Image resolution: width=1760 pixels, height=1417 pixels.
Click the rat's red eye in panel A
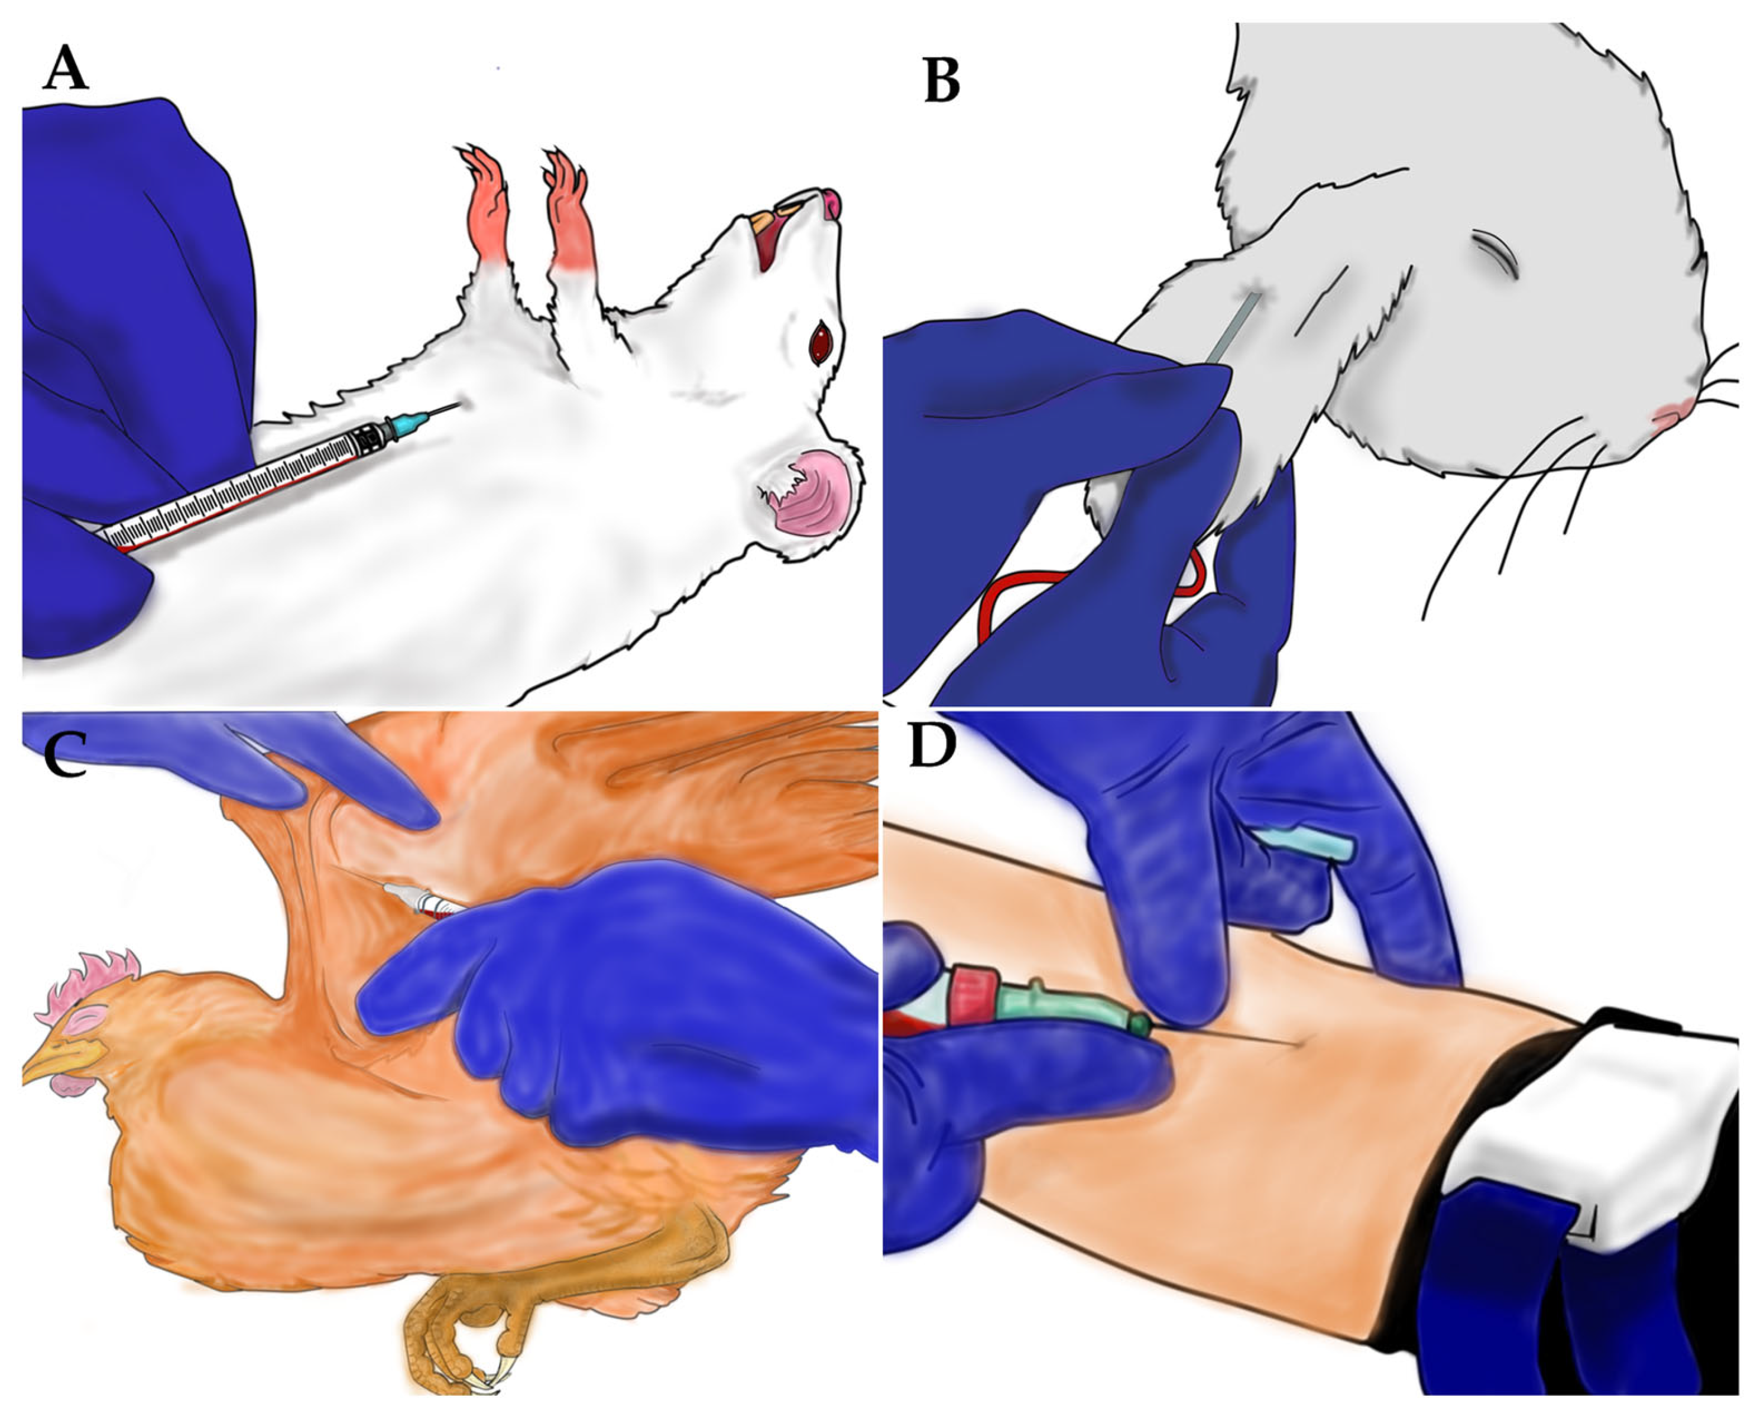pos(819,345)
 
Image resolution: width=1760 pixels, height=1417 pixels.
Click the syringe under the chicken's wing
pos(424,900)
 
